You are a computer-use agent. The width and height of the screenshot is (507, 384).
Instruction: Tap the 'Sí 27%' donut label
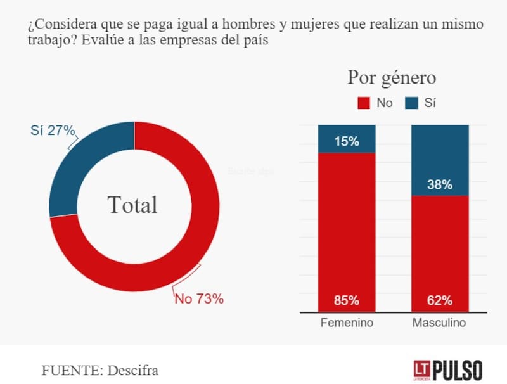[x=53, y=131]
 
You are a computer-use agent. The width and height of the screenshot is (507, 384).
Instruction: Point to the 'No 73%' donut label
[x=199, y=298]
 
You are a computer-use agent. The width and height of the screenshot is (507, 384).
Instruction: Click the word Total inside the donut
[x=132, y=205]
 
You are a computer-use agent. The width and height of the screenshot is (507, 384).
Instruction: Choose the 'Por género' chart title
[x=392, y=77]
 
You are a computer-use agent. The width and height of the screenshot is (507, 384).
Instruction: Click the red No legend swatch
[x=364, y=103]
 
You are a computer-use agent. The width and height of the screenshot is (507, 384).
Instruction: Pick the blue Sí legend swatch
[x=412, y=103]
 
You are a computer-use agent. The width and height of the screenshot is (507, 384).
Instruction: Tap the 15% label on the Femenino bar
[x=346, y=141]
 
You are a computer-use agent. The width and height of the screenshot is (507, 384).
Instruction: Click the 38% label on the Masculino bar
[x=440, y=185]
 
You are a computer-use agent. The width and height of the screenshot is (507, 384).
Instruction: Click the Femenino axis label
[x=346, y=323]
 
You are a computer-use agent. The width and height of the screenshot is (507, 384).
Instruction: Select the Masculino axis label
[x=439, y=323]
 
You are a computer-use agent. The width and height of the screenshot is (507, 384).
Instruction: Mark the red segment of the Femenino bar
[x=346, y=228]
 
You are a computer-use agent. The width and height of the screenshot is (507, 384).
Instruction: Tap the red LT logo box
[x=421, y=369]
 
